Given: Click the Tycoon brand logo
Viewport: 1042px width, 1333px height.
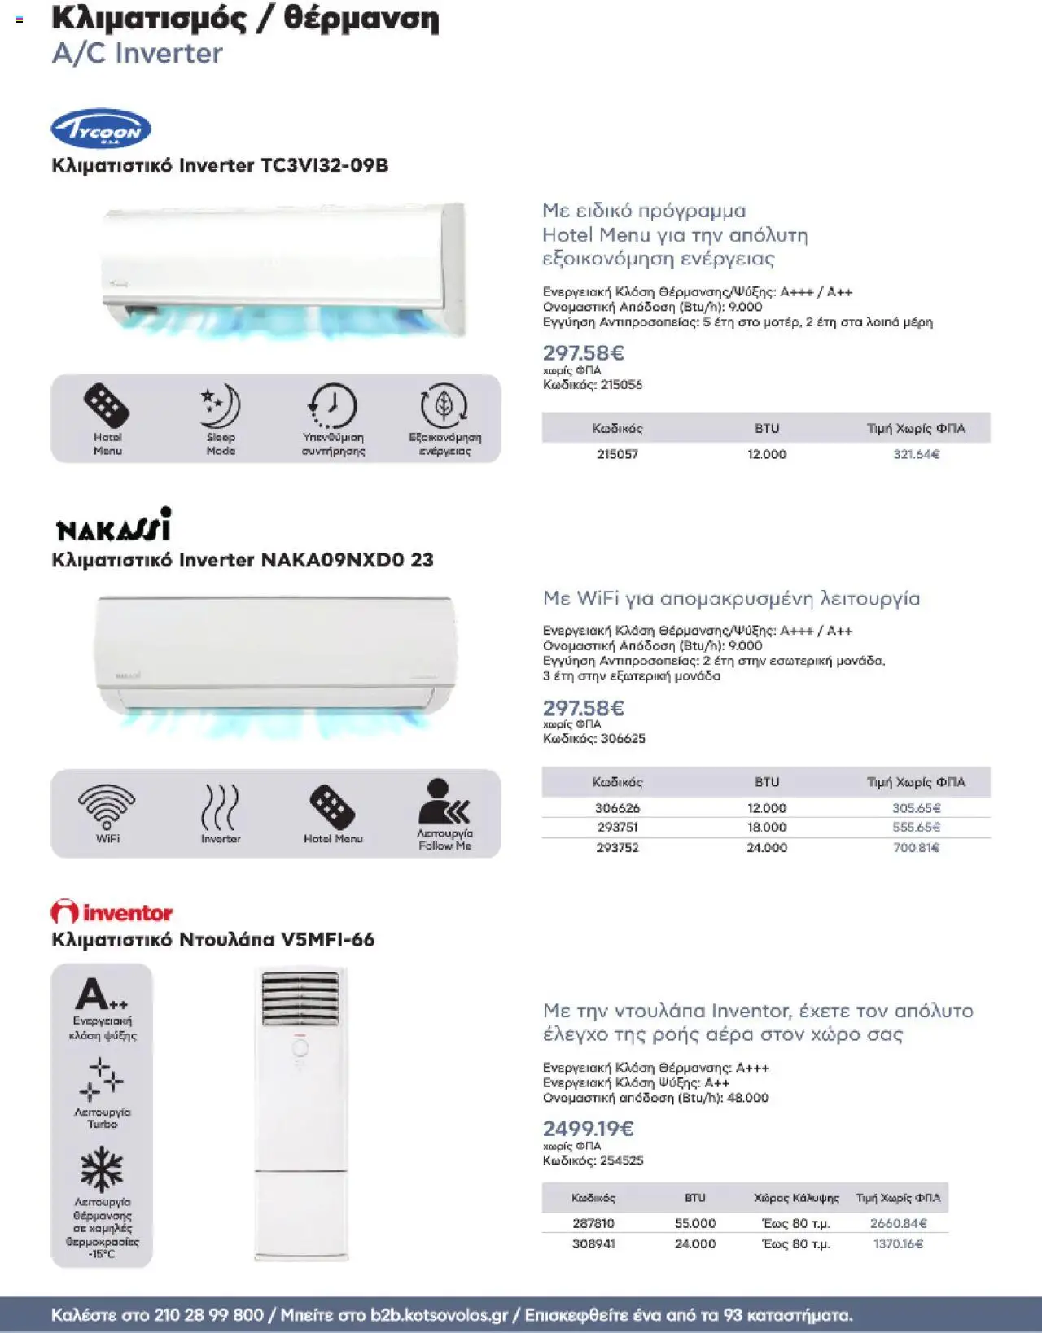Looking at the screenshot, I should pyautogui.click(x=101, y=129).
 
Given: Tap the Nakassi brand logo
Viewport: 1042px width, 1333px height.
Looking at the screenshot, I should pyautogui.click(x=114, y=526).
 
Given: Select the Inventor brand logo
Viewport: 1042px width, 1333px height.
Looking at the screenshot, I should pyautogui.click(x=112, y=912).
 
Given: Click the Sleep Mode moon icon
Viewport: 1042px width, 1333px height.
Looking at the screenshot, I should pyautogui.click(x=221, y=407).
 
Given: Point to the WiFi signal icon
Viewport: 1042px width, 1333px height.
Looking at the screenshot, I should pyautogui.click(x=107, y=806).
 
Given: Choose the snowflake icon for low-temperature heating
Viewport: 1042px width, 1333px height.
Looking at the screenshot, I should pyautogui.click(x=102, y=1169).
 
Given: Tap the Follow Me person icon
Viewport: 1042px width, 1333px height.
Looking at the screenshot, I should pyautogui.click(x=444, y=803).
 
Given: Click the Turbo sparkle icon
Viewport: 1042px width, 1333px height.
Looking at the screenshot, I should pyautogui.click(x=102, y=1079).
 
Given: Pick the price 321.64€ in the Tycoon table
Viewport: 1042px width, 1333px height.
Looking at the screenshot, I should pyautogui.click(x=916, y=454).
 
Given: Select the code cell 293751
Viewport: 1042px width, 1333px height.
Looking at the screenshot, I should pyautogui.click(x=617, y=827).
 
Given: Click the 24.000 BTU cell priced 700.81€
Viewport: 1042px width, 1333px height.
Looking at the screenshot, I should pyautogui.click(x=767, y=847).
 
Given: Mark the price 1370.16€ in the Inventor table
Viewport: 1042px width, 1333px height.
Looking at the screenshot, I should pyautogui.click(x=898, y=1243).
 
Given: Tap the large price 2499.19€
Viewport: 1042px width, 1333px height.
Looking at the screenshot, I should pyautogui.click(x=588, y=1129).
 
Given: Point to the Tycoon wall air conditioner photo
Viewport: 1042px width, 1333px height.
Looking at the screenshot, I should pyautogui.click(x=283, y=269).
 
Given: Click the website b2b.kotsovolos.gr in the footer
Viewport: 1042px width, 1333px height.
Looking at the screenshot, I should pyautogui.click(x=439, y=1315).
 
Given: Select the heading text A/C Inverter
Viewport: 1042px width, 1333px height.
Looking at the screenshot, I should pyautogui.click(x=137, y=54).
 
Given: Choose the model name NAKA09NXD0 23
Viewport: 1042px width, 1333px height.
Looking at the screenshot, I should pyautogui.click(x=347, y=560).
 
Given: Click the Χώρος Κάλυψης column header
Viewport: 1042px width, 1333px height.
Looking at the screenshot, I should pyautogui.click(x=796, y=1198).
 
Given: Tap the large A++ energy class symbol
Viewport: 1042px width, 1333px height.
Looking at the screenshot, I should pyautogui.click(x=102, y=994).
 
